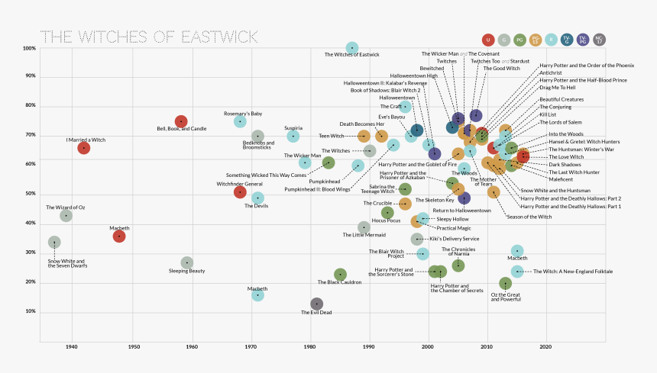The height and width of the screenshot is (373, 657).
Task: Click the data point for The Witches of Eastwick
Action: click(351, 48)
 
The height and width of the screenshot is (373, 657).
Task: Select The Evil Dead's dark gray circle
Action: click(316, 304)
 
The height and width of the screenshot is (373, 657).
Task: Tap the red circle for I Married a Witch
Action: click(84, 148)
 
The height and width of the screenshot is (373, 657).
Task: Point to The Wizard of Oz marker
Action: click(66, 216)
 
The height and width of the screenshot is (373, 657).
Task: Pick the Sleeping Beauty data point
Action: click(186, 263)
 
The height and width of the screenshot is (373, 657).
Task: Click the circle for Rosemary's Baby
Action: click(240, 122)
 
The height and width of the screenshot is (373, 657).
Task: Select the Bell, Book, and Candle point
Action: click(181, 121)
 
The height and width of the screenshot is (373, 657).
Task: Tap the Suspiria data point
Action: click(293, 137)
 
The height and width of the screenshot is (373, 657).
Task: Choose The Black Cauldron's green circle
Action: click(340, 275)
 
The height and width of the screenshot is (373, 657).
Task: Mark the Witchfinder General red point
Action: click(240, 192)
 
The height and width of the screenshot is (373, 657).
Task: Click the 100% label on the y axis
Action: click(29, 49)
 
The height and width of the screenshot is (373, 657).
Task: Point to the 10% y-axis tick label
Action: click(31, 312)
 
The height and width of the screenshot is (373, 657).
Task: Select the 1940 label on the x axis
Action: click(72, 347)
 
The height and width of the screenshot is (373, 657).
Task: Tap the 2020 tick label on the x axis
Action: click(545, 347)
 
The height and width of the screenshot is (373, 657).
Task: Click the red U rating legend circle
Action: click(488, 40)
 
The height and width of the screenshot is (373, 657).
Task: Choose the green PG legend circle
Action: click(519, 40)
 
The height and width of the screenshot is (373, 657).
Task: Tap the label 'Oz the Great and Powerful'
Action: click(506, 297)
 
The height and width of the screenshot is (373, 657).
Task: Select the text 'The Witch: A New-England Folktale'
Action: click(573, 272)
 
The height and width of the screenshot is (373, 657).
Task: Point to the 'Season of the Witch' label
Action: click(529, 217)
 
